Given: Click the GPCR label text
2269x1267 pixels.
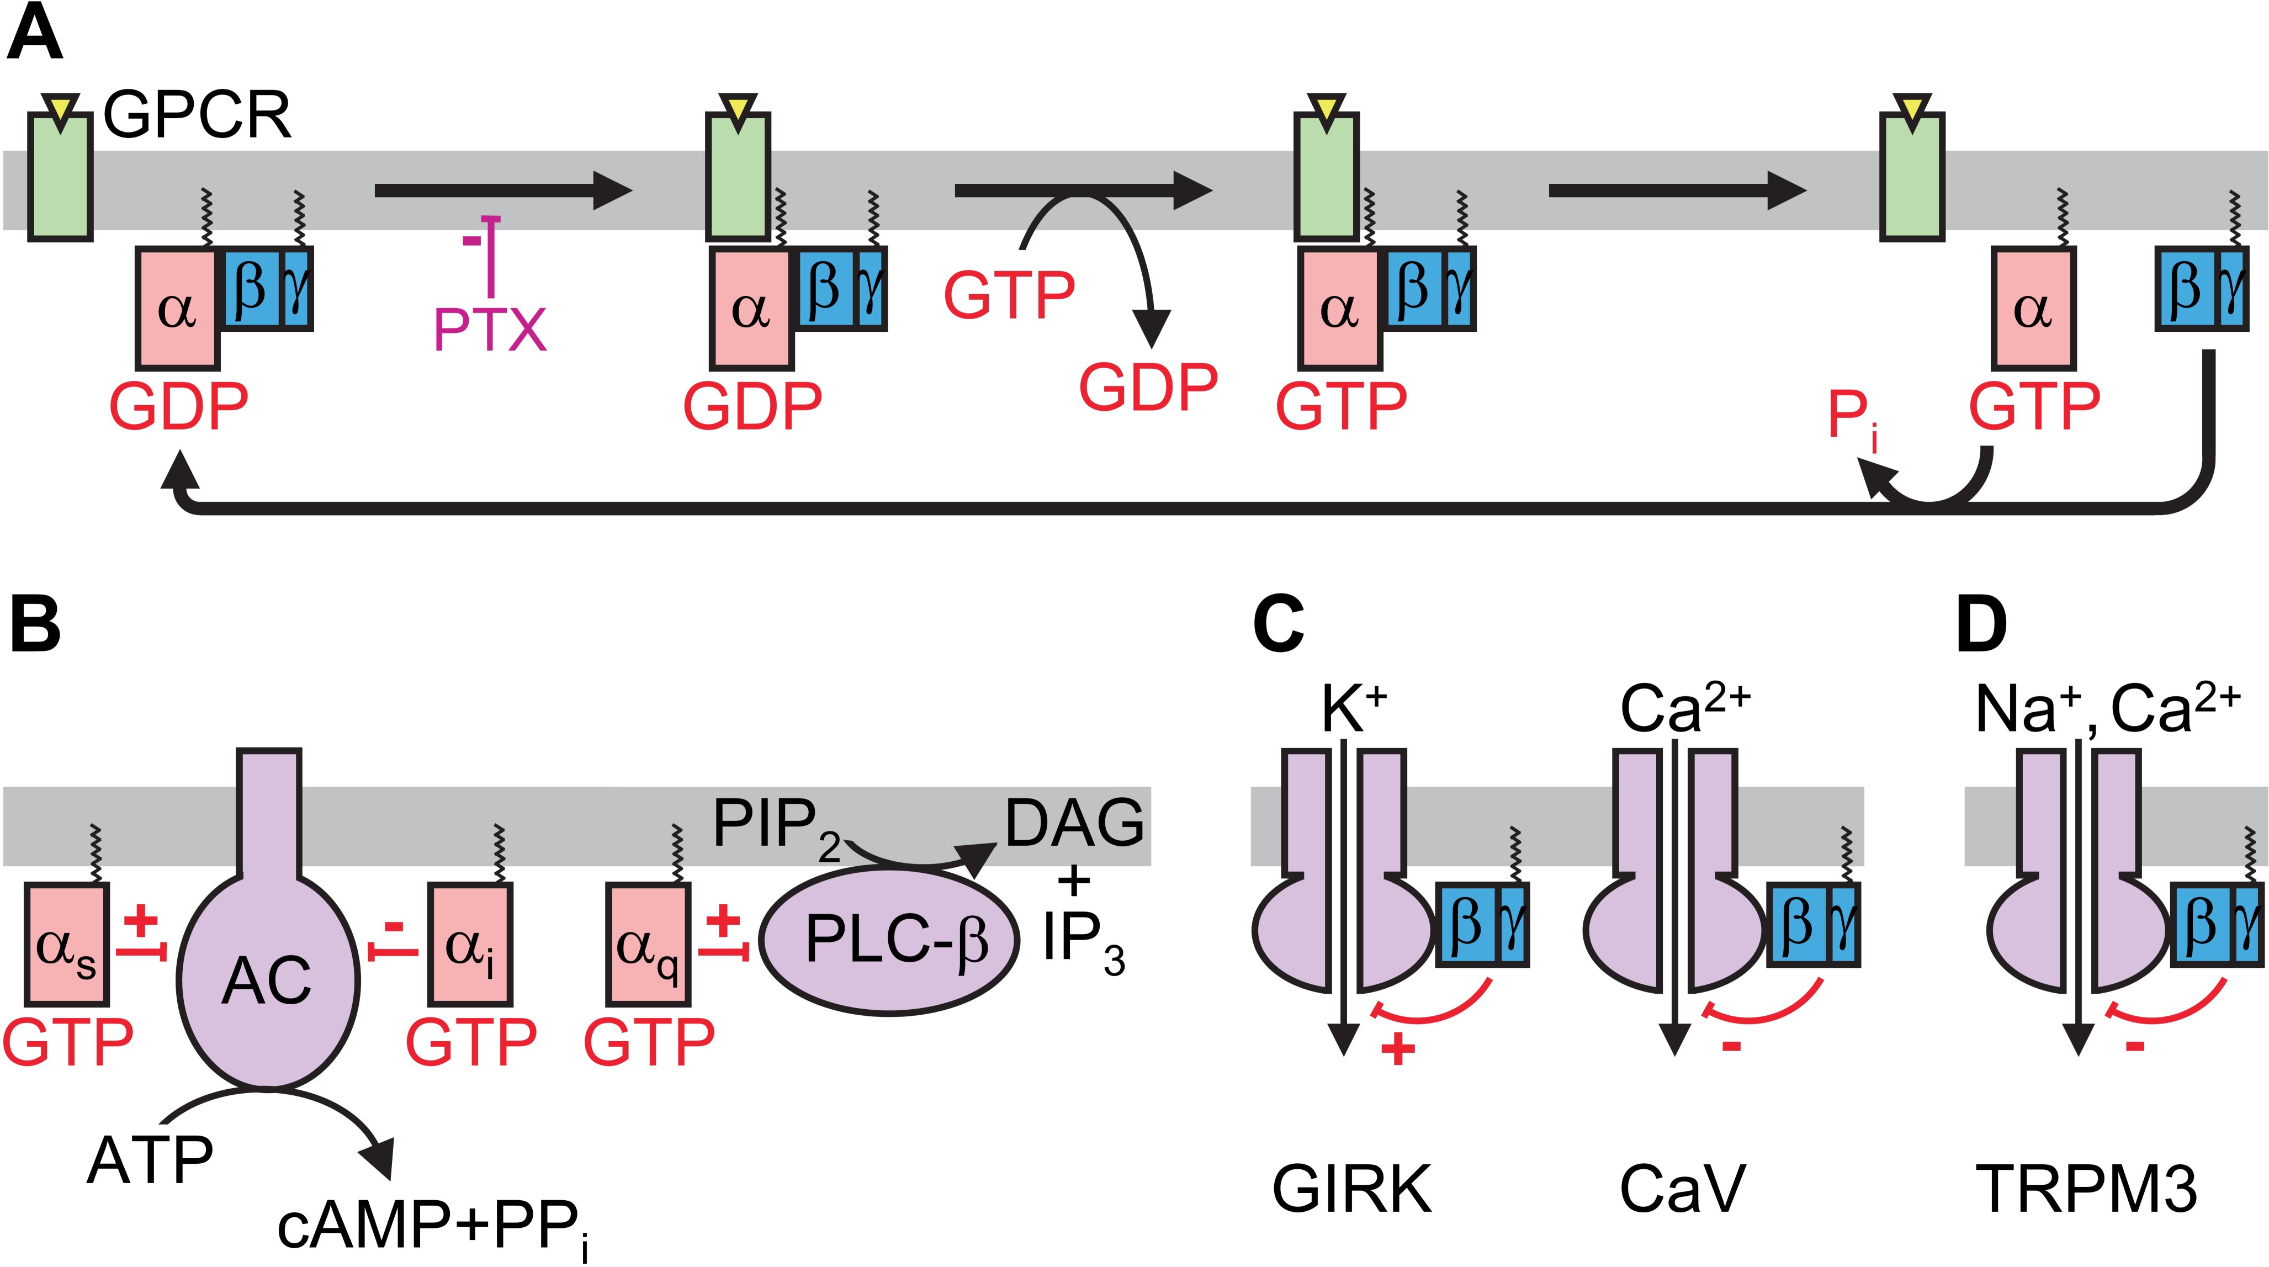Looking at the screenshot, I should pyautogui.click(x=197, y=114).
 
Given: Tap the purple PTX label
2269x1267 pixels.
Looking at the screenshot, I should pyautogui.click(x=490, y=330).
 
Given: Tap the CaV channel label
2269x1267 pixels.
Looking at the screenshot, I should pyautogui.click(x=1682, y=1190).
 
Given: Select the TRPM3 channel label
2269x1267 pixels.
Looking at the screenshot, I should pyautogui.click(x=2086, y=1190).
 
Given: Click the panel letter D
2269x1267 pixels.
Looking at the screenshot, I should pyautogui.click(x=1982, y=625).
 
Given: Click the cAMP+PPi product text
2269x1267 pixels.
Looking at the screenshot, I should pyautogui.click(x=432, y=1227).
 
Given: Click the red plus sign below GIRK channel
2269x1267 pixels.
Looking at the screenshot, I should pyautogui.click(x=1398, y=1048).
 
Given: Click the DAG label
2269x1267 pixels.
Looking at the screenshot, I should pyautogui.click(x=1075, y=823).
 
